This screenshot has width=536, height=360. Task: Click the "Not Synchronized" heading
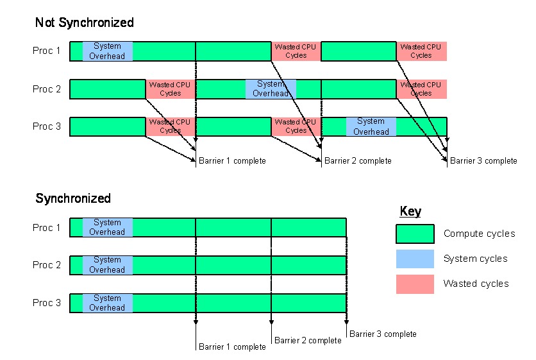(x=84, y=22)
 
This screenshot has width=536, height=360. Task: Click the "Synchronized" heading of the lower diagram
(x=73, y=198)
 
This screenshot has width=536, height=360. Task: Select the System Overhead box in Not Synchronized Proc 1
(x=107, y=51)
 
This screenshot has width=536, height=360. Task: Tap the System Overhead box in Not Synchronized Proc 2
(x=271, y=89)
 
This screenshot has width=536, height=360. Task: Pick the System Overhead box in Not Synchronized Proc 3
(x=371, y=126)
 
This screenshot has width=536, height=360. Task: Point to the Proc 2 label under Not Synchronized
(x=47, y=89)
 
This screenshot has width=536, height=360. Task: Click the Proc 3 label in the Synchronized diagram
(x=47, y=302)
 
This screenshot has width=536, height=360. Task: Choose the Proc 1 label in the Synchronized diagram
(x=47, y=228)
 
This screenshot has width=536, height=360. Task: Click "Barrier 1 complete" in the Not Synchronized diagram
(x=232, y=160)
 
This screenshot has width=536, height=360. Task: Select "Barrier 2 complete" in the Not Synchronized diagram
(x=358, y=160)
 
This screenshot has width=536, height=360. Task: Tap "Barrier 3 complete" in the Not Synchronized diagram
(x=483, y=160)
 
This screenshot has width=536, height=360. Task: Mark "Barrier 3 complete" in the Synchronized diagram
(x=383, y=334)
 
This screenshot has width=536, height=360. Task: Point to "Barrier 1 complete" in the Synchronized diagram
(x=232, y=347)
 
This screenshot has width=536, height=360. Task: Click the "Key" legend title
(x=410, y=212)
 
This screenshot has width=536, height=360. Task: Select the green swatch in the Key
(x=415, y=234)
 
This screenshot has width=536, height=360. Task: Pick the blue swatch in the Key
(x=415, y=259)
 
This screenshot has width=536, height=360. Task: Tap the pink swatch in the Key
(x=415, y=284)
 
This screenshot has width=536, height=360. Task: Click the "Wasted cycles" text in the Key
(x=476, y=284)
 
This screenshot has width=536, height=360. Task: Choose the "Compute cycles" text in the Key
(x=479, y=234)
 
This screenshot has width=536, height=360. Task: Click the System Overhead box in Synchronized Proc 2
(x=107, y=265)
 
